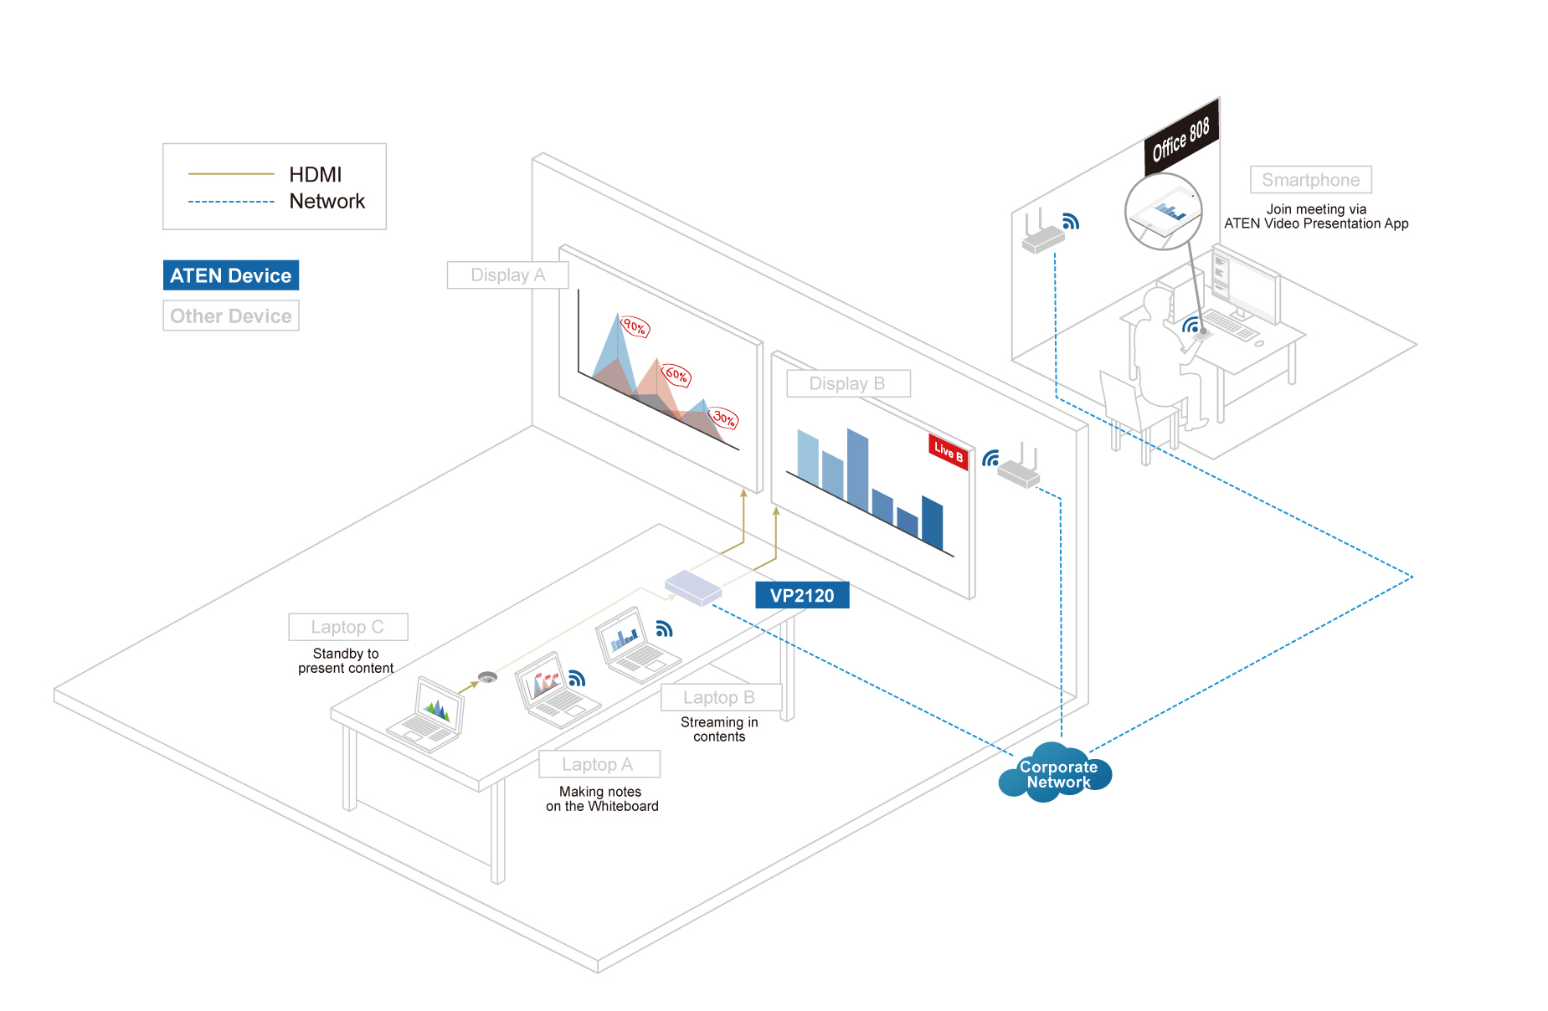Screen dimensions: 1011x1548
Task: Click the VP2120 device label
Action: pos(802,595)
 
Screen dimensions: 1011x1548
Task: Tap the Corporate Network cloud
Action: pos(1057,774)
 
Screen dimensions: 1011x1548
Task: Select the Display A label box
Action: pos(507,275)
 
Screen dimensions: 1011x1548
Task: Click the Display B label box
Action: pos(847,383)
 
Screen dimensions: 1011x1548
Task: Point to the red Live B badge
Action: pos(949,451)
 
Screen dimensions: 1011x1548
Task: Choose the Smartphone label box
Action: pos(1310,180)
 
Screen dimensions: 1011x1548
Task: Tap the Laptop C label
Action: pos(347,627)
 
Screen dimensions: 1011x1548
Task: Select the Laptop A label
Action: pos(598,764)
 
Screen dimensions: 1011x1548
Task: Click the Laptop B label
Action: pos(719,697)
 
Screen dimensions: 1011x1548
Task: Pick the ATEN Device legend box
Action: pos(231,275)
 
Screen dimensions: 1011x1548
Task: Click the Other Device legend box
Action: pos(231,316)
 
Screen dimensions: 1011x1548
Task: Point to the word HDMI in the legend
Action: pos(316,174)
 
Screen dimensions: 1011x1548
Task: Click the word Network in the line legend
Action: pos(327,202)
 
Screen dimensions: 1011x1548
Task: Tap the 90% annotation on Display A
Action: pos(635,327)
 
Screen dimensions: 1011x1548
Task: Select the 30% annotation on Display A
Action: pos(724,418)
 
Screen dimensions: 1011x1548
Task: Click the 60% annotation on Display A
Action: pos(676,375)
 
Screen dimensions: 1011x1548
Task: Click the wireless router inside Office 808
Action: pos(1042,238)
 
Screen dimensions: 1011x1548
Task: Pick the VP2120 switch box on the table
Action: pos(693,587)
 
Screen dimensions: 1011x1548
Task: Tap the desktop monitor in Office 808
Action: pos(1247,285)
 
